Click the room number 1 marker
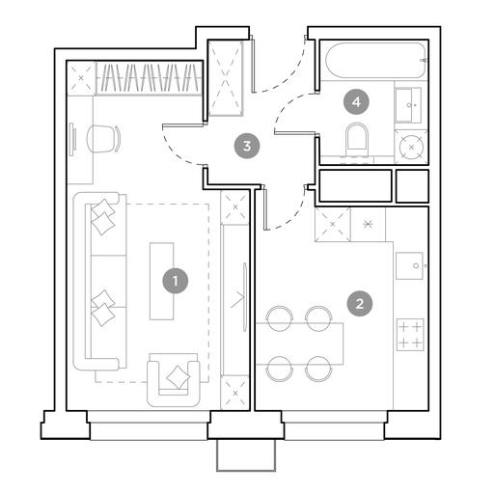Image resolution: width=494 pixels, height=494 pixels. [x=175, y=281]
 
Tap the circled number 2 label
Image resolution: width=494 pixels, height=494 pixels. [x=360, y=304]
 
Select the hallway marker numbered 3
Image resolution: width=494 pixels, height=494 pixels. [x=247, y=147]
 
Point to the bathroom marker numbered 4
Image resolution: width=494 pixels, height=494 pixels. [x=356, y=102]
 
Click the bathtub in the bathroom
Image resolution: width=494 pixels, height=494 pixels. [x=375, y=60]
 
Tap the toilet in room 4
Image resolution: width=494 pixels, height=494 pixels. [x=356, y=137]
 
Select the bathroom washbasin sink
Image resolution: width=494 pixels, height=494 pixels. [x=408, y=105]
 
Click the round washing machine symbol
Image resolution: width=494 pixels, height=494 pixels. [x=411, y=147]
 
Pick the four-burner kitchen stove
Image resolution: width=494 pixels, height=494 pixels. [x=410, y=335]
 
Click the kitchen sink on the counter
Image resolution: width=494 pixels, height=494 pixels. [x=409, y=265]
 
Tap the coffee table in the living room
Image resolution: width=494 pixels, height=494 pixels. [x=162, y=281]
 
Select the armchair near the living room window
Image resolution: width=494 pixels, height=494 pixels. [x=174, y=379]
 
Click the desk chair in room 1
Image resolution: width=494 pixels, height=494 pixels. [x=103, y=139]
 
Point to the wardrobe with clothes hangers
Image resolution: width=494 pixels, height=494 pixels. [x=150, y=78]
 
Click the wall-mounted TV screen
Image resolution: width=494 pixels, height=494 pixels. [x=245, y=297]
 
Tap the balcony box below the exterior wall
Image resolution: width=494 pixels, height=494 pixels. [x=246, y=454]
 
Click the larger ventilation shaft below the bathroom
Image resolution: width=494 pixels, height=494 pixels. [x=355, y=185]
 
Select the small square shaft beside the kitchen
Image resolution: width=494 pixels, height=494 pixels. [x=412, y=186]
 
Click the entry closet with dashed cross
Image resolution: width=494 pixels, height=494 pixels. [x=225, y=78]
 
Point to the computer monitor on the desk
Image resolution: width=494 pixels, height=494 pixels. [x=73, y=140]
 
